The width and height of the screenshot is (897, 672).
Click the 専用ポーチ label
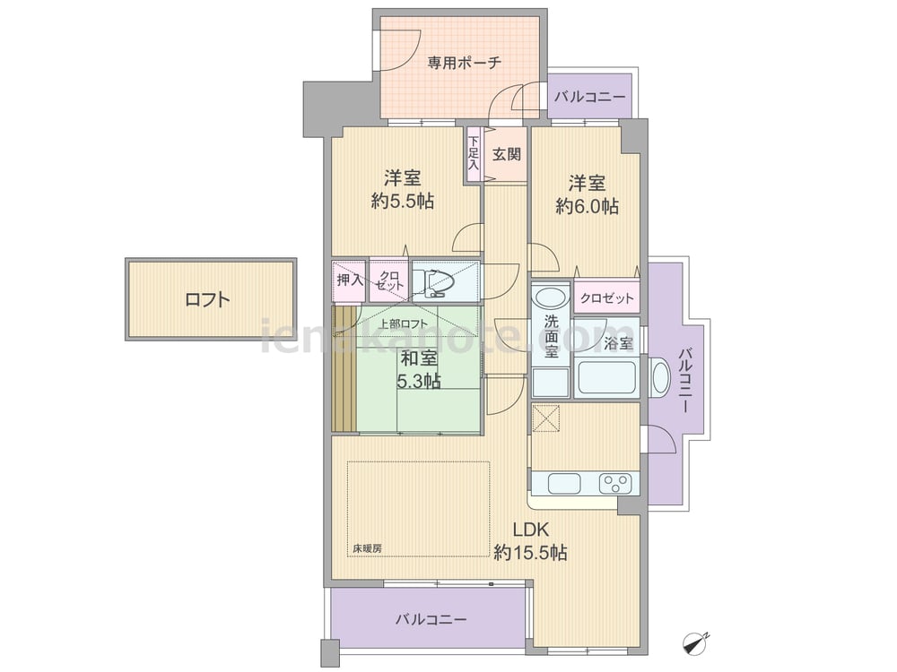pos(464,63)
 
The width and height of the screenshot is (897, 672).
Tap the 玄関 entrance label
pos(507,154)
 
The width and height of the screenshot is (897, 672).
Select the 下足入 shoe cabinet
pos(474,154)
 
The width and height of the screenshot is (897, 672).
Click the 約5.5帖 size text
pos(402,201)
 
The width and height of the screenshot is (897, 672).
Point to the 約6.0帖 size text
pos(587,206)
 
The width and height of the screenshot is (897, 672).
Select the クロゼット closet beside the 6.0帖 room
pos(607,297)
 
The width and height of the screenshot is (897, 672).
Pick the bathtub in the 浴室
pos(605,376)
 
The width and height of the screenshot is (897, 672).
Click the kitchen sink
pos(564,484)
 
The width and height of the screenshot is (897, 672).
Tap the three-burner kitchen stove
pos(616,484)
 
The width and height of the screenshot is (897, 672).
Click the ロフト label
pos(208,299)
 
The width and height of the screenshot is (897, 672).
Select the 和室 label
pos(419,358)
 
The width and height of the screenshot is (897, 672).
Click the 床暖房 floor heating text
pos(367,548)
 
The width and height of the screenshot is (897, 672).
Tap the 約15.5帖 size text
pos(530,553)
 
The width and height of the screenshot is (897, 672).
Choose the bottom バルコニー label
pos(431,619)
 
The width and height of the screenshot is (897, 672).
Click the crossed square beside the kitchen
pos(545,418)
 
